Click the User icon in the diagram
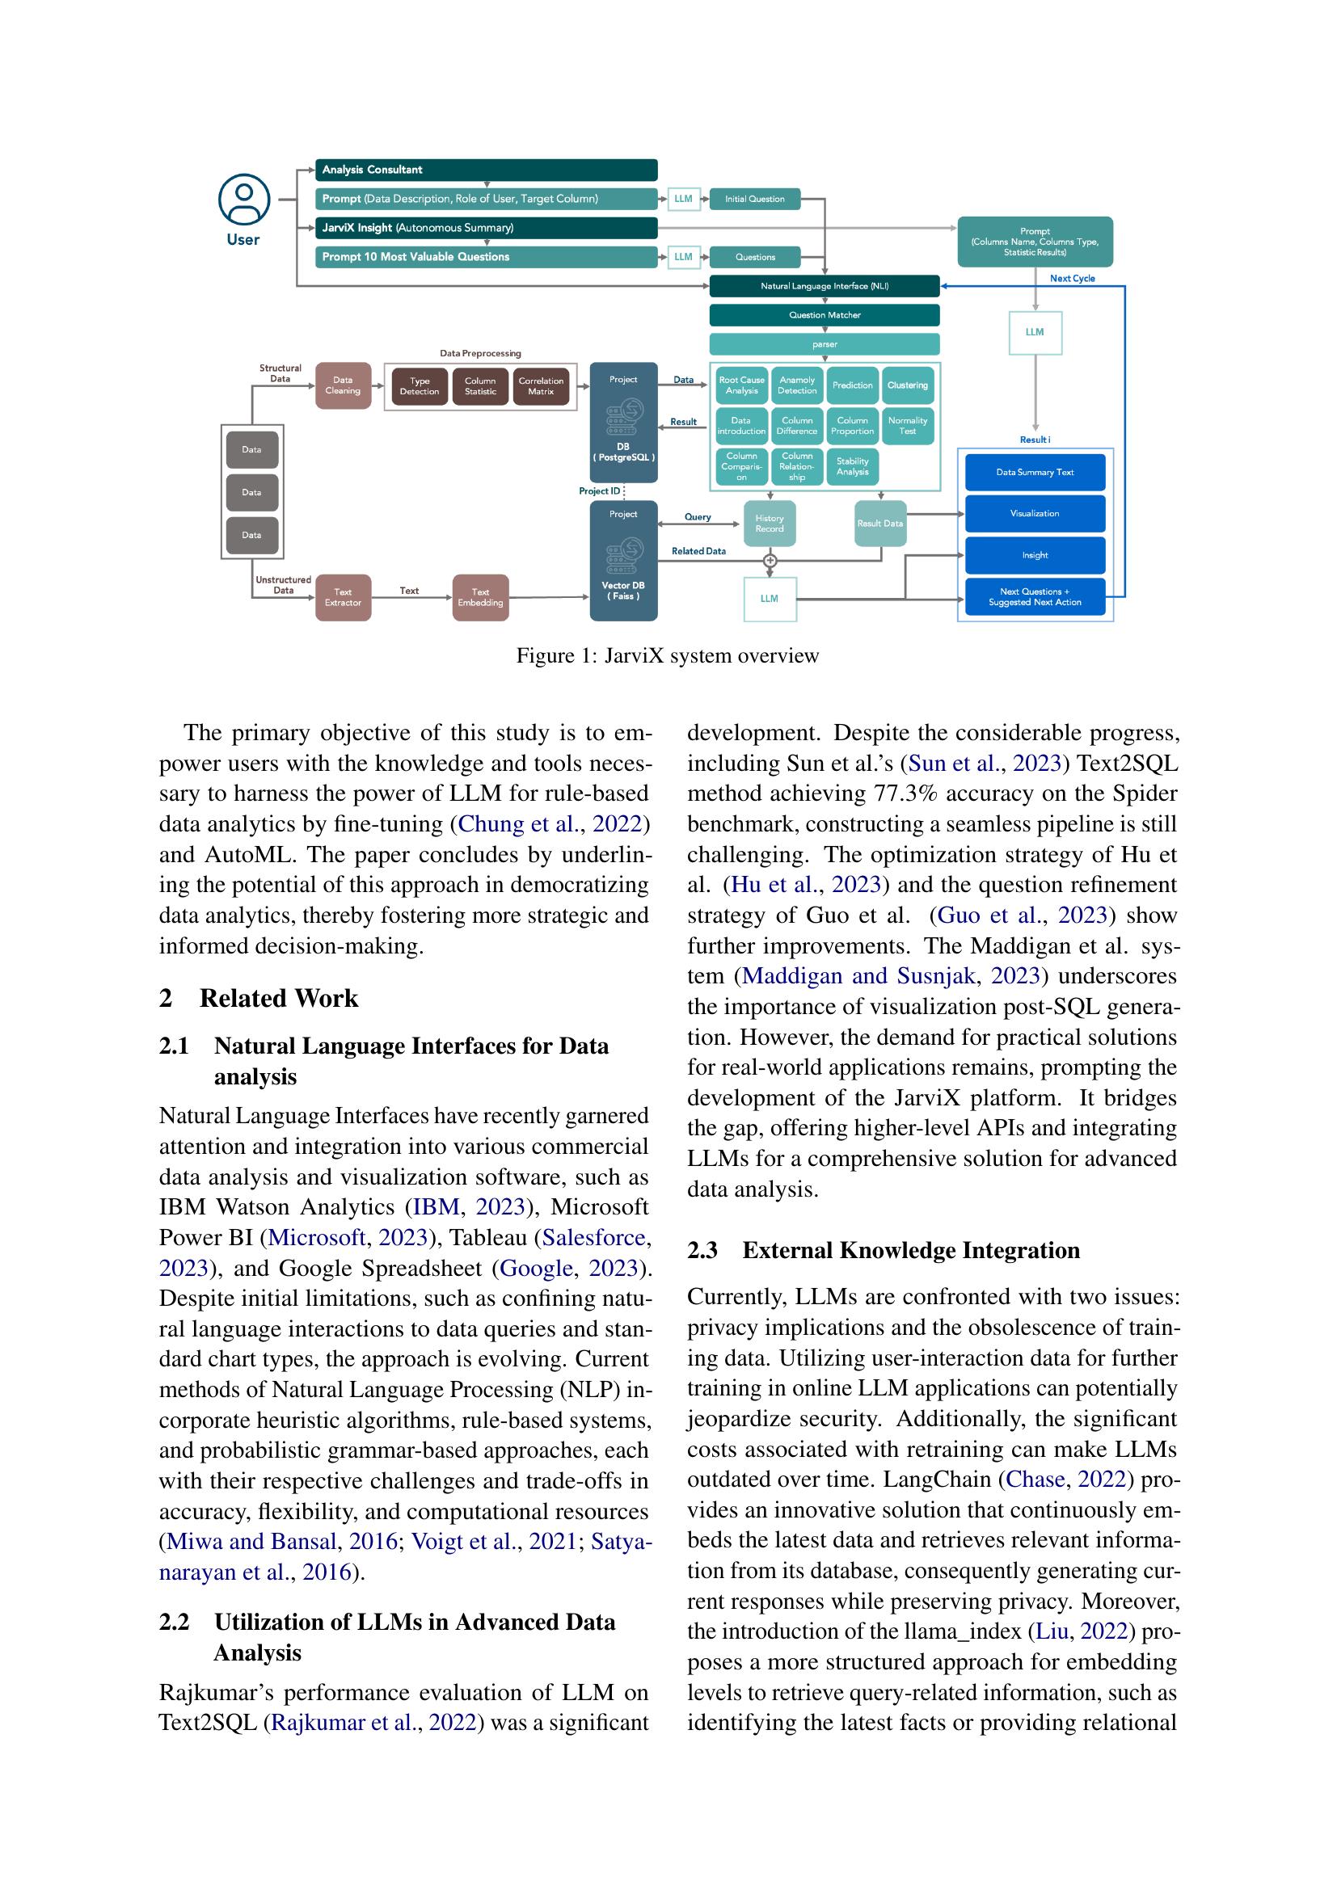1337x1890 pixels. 243,200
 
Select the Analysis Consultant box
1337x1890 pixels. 486,170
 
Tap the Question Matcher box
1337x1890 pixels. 824,315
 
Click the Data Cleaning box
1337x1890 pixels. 343,385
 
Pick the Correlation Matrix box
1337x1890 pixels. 541,386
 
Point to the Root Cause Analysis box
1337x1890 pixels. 741,385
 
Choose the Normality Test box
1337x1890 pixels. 907,426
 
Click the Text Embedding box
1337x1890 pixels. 480,597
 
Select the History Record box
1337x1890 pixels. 769,524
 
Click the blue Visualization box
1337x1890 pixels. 1035,514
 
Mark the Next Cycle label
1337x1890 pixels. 1072,278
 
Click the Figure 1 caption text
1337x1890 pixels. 667,656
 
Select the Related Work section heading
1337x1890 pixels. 278,999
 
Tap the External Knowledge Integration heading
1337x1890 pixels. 910,1250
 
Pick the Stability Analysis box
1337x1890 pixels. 852,467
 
